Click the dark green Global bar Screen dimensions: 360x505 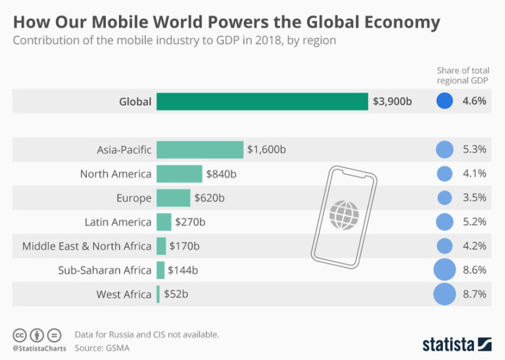262,102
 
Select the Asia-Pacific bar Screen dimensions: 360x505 200,150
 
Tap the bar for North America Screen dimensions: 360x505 179,174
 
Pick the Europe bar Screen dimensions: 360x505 173,198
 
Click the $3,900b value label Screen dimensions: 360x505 392,102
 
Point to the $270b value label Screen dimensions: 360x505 190,222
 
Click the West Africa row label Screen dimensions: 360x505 124,294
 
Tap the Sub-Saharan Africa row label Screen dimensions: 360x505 105,270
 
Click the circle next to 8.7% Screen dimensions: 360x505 445,294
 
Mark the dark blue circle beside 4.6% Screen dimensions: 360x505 445,101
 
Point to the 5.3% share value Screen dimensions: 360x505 474,150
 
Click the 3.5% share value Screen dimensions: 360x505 474,198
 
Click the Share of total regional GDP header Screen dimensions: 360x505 463,76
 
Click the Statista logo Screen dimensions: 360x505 456,344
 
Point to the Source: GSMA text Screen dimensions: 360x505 102,348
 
